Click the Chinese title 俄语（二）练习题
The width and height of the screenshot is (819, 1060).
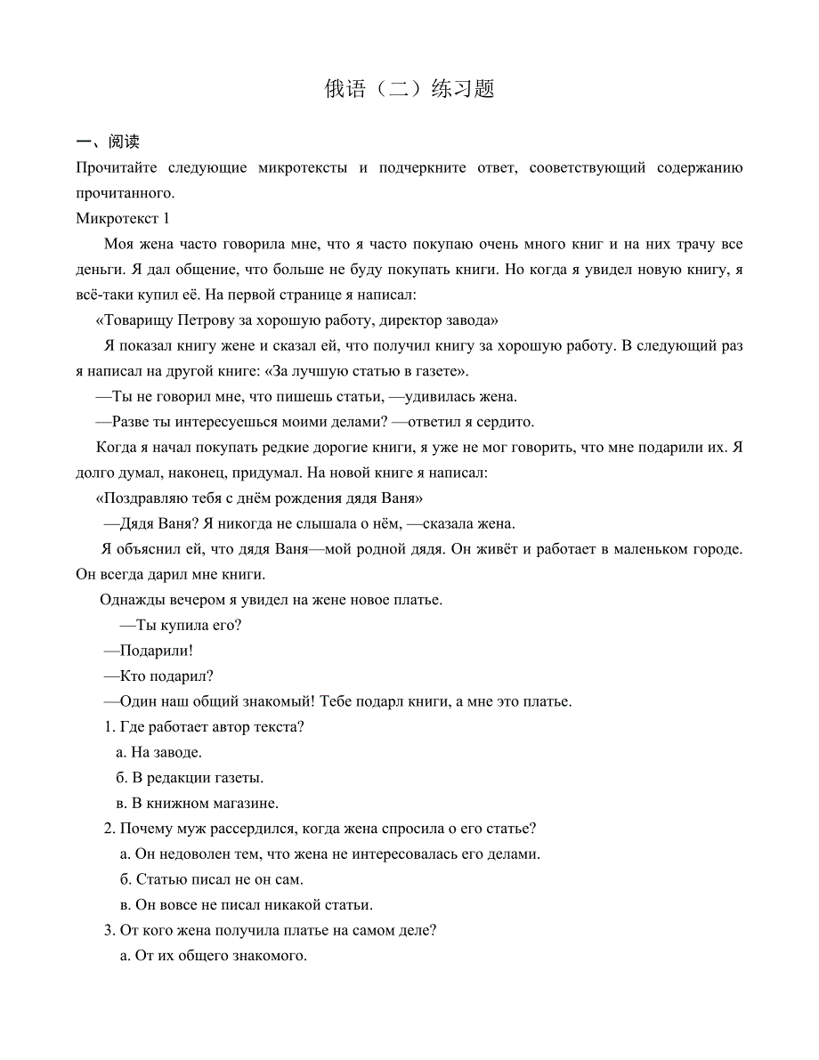[x=409, y=90]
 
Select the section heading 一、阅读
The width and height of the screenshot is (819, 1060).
[x=109, y=142]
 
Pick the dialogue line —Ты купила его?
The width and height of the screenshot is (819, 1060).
[x=181, y=625]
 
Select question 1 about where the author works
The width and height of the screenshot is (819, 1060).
[x=206, y=726]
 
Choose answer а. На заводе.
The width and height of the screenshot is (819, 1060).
[x=159, y=752]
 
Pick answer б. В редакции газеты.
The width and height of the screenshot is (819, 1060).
[x=190, y=778]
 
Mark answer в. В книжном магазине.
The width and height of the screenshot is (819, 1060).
[x=198, y=803]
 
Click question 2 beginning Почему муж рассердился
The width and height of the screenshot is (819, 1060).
[x=320, y=829]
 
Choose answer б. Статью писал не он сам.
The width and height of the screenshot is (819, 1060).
[x=211, y=879]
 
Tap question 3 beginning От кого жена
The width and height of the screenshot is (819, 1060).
[x=271, y=931]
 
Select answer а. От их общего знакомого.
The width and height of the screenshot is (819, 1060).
[x=213, y=957]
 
